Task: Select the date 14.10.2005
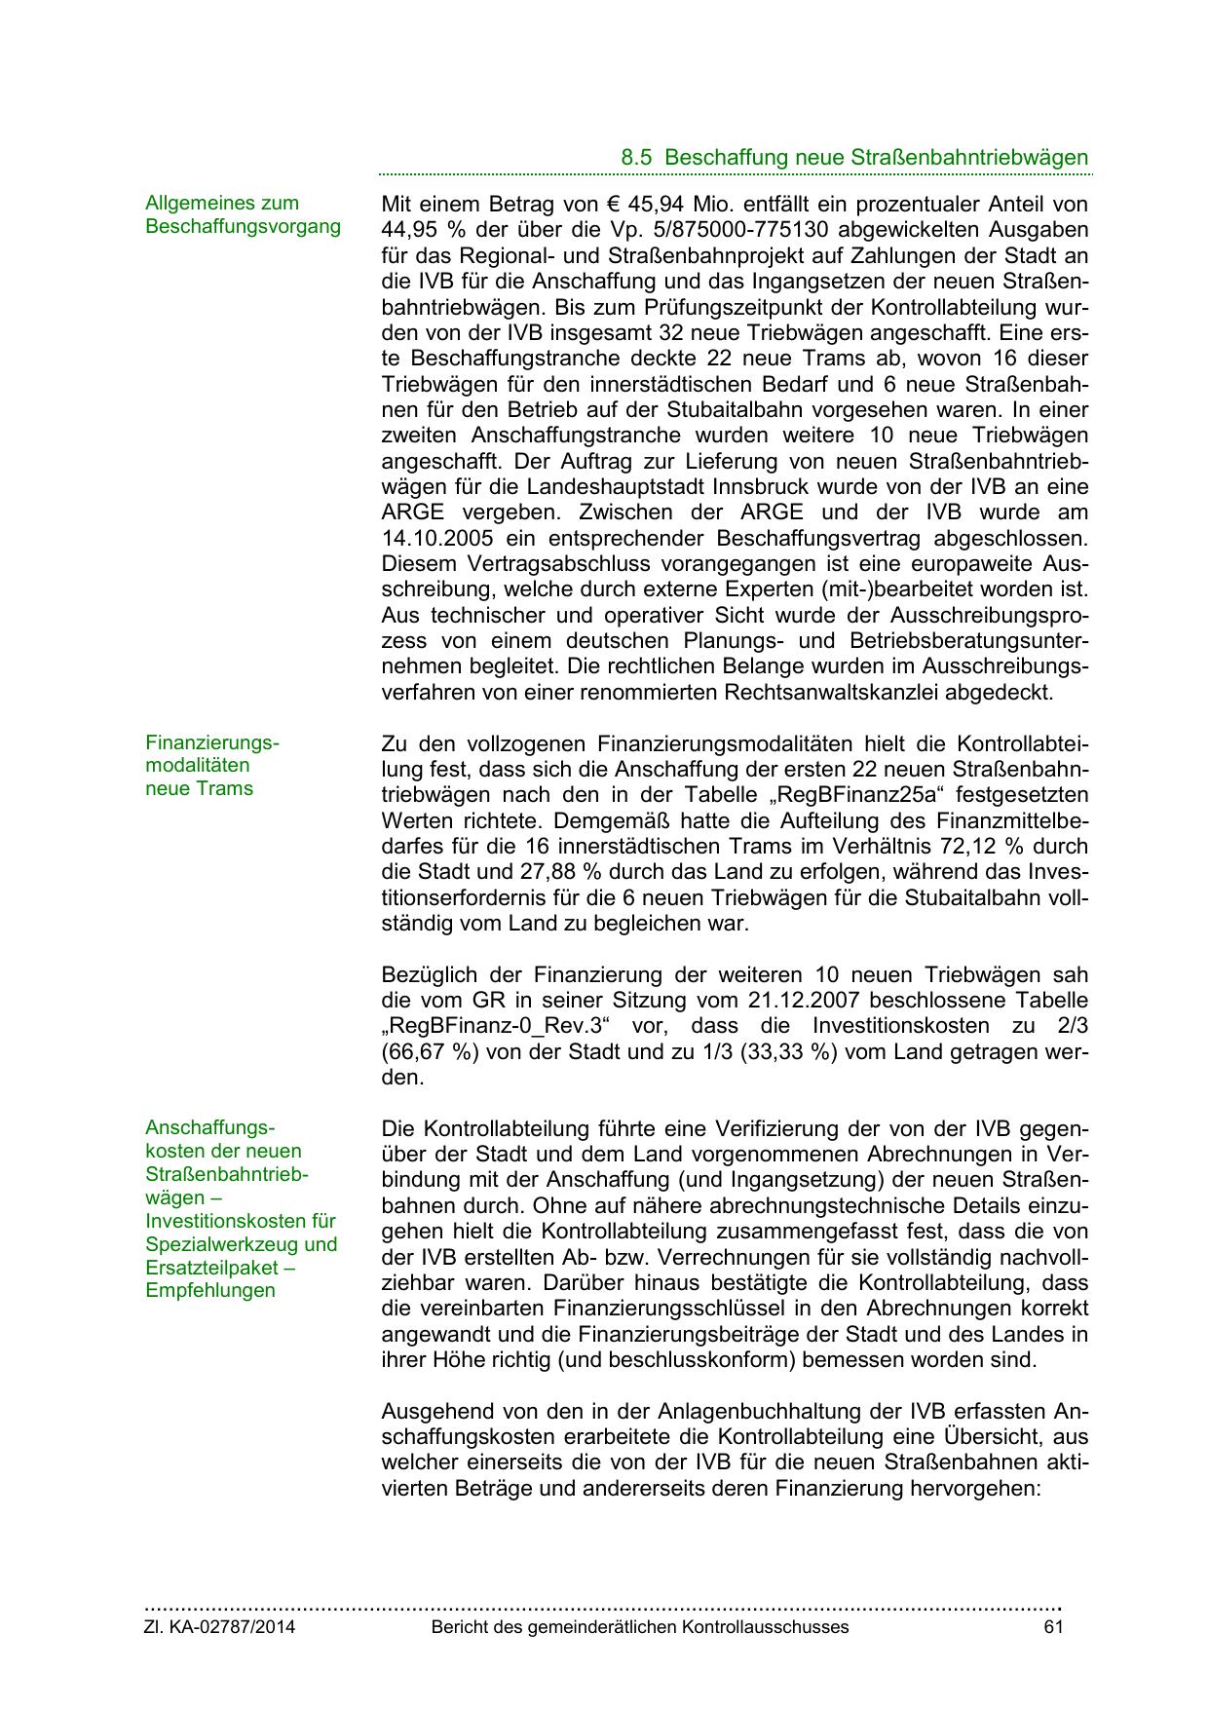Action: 436,539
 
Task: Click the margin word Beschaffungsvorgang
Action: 244,227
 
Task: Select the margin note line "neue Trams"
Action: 199,789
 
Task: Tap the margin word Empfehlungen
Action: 210,1291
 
